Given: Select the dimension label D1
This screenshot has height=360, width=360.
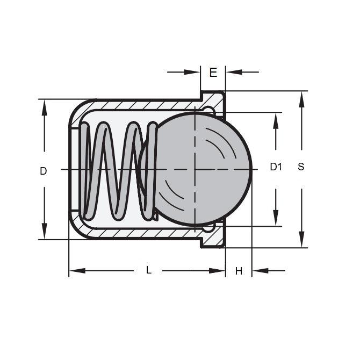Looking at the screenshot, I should point(276,167).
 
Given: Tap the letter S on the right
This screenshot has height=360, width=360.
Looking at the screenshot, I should point(301,167).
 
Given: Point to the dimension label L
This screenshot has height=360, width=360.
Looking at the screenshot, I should point(149,271).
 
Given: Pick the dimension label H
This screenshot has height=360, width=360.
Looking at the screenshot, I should point(239,271).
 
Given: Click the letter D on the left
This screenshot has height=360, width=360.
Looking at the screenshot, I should point(44,171).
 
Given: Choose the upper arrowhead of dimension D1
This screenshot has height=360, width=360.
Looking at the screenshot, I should point(276,119).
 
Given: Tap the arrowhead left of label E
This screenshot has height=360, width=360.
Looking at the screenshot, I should point(193,71).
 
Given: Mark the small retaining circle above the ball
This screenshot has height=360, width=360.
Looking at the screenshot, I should point(209,110).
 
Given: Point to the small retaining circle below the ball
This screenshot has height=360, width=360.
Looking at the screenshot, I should point(208,228).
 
